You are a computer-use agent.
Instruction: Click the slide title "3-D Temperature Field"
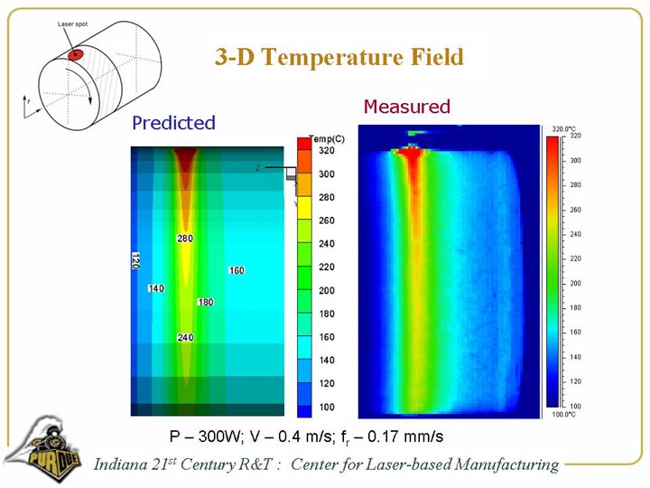point(339,58)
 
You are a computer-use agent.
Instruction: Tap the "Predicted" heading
point(173,122)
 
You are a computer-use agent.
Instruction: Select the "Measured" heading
point(406,107)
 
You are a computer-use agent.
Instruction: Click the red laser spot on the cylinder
point(77,55)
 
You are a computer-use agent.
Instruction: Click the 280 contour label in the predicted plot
point(184,239)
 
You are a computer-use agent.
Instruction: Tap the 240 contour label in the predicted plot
point(185,337)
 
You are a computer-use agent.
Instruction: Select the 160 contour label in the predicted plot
point(237,270)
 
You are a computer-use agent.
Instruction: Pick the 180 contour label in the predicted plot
point(205,302)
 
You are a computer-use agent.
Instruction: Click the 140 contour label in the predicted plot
point(156,288)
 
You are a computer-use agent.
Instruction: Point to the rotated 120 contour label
point(135,260)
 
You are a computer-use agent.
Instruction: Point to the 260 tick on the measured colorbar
point(576,210)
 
